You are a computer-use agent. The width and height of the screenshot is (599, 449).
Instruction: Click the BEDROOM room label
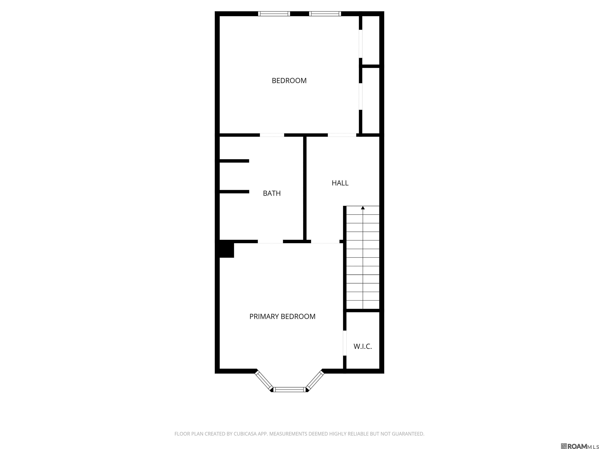pyautogui.click(x=289, y=81)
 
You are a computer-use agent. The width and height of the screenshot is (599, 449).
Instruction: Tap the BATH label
pyautogui.click(x=272, y=193)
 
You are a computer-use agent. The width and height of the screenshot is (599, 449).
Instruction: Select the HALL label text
pyautogui.click(x=340, y=183)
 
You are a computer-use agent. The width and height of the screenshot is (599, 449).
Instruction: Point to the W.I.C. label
pyautogui.click(x=363, y=346)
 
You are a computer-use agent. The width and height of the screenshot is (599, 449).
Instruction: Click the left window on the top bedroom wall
pyautogui.click(x=274, y=13)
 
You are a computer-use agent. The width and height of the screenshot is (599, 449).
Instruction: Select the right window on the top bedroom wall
pyautogui.click(x=325, y=13)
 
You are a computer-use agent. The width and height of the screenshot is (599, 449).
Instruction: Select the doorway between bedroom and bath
pyautogui.click(x=272, y=135)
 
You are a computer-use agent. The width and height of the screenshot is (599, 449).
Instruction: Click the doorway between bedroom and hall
pyautogui.click(x=342, y=135)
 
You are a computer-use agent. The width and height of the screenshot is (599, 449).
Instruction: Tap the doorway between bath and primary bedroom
pyautogui.click(x=270, y=241)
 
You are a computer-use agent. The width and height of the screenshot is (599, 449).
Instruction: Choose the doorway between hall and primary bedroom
pyautogui.click(x=325, y=241)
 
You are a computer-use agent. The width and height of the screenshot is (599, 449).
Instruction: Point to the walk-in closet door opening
pyautogui.click(x=345, y=343)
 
